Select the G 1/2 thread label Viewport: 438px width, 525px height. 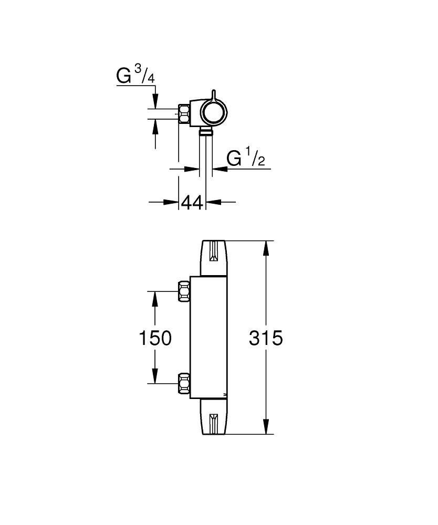click(x=245, y=158)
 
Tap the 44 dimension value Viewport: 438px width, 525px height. click(x=192, y=202)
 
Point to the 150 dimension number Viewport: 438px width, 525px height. click(x=155, y=338)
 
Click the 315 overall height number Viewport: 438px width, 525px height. click(x=265, y=338)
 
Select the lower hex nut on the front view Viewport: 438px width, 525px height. click(x=184, y=383)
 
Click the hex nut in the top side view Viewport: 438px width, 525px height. click(x=185, y=113)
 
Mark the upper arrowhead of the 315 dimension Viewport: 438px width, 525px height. click(x=267, y=247)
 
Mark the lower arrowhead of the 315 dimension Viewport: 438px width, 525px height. click(x=267, y=428)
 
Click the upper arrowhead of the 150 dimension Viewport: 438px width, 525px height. click(x=155, y=298)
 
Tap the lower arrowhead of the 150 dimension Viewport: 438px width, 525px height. click(x=155, y=377)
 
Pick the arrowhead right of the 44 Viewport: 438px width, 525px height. click(x=212, y=202)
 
